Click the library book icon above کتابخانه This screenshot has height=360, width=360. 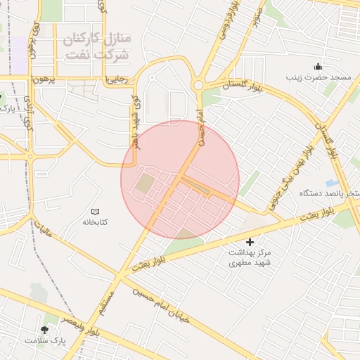point(96,211)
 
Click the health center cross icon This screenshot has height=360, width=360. point(250,242)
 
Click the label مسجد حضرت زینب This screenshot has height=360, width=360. point(317,76)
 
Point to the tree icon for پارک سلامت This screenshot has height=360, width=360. point(45,329)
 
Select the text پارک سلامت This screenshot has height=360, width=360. point(44,340)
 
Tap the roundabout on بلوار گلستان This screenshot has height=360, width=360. point(198,85)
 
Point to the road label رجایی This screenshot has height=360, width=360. point(116,79)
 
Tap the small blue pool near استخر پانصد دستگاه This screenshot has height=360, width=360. point(332,183)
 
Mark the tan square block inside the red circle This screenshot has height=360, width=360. point(145,184)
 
